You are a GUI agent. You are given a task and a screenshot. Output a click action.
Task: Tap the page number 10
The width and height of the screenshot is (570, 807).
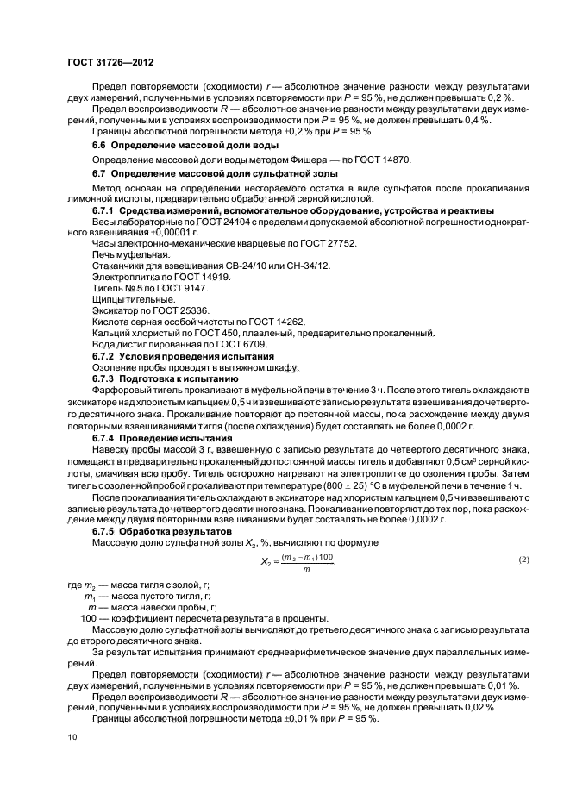click(x=72, y=738)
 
